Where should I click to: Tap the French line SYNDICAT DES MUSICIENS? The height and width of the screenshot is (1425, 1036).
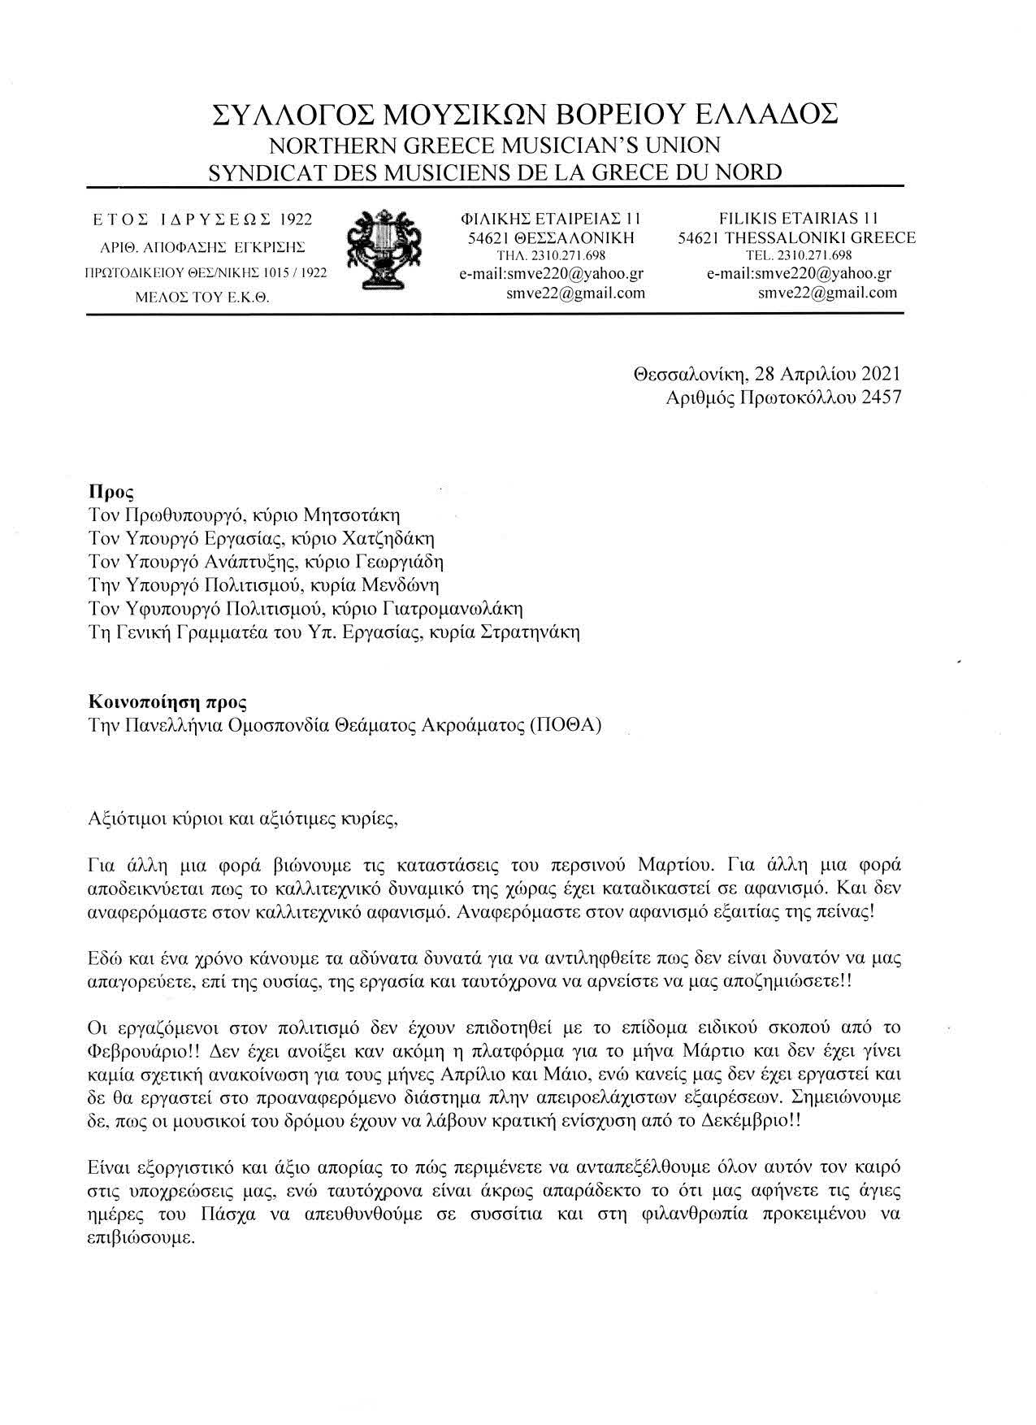[x=495, y=172]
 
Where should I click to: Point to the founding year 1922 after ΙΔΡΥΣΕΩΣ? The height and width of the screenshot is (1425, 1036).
[x=296, y=219]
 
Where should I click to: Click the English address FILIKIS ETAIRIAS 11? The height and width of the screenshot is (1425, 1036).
[x=796, y=218]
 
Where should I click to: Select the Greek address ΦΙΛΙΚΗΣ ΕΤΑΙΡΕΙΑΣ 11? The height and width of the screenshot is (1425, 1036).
[x=550, y=218]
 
